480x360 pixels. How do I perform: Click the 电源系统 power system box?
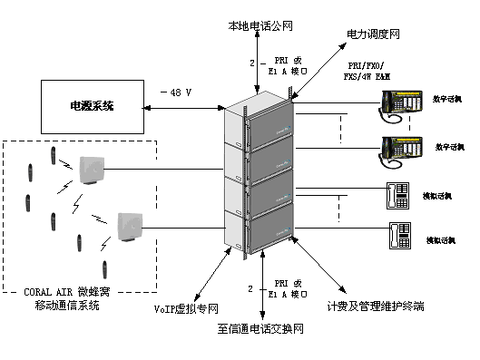pyautogui.click(x=92, y=106)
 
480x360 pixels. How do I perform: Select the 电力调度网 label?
pyautogui.click(x=372, y=34)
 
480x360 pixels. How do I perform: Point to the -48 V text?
pyautogui.click(x=178, y=92)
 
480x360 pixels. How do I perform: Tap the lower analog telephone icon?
pyautogui.click(x=399, y=235)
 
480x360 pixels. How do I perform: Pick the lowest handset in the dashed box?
pyautogui.click(x=104, y=268)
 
